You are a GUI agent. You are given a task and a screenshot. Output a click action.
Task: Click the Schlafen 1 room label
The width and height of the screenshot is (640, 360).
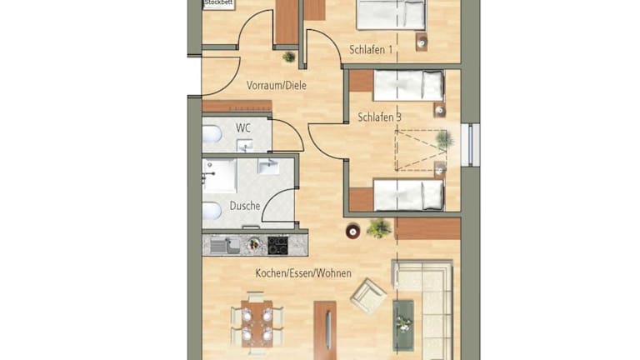(371, 50)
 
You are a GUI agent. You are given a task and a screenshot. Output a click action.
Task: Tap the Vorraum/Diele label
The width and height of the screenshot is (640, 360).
(277, 86)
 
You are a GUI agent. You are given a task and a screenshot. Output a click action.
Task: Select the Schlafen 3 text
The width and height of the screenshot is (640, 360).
(379, 117)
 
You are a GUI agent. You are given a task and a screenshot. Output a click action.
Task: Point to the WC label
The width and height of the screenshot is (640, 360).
(242, 128)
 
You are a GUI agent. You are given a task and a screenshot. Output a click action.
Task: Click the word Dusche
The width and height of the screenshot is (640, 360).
(245, 206)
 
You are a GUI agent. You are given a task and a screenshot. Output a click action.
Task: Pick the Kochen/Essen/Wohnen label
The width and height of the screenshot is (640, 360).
(303, 273)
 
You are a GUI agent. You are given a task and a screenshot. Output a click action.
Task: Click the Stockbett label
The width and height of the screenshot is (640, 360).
(218, 2)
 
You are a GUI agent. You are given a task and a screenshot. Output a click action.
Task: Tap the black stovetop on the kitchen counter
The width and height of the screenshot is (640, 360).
(277, 246)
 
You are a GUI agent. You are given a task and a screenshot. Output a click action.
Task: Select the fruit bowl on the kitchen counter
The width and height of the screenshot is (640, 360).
(254, 245)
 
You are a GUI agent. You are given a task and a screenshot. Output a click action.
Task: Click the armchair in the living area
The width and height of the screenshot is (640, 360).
(368, 296)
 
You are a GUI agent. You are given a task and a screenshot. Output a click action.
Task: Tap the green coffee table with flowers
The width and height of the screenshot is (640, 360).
(403, 325)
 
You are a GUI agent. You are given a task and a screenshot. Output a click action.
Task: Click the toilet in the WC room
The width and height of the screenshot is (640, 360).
(212, 134)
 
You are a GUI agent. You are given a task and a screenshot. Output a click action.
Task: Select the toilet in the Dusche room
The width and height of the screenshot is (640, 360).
(212, 211)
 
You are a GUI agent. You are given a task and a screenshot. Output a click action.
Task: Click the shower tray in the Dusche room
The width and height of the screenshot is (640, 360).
(220, 176)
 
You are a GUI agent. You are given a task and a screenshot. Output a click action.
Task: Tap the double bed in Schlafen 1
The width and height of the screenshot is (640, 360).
(391, 15)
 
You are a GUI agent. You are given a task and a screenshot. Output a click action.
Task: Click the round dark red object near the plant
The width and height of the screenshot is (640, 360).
(352, 232)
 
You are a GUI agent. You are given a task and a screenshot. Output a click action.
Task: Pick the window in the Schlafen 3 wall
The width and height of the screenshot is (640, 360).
(470, 145)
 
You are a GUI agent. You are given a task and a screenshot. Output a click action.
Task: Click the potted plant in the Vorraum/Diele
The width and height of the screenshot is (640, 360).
(289, 57)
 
